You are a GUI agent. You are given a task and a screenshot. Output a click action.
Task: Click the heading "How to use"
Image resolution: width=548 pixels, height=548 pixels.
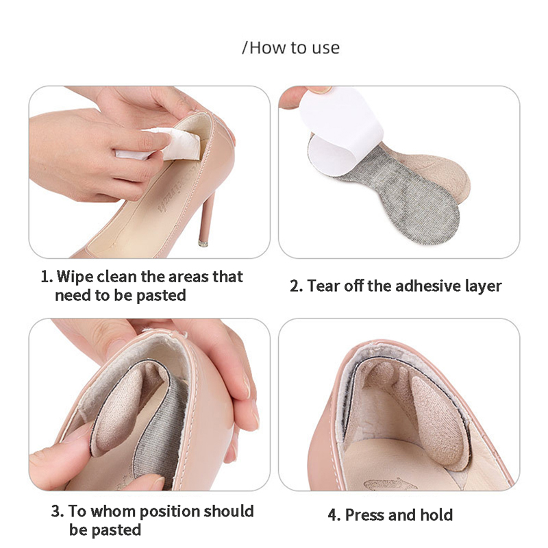tap(295, 47)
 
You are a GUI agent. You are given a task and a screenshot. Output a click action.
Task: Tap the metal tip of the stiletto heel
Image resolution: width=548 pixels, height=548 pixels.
tap(203, 243)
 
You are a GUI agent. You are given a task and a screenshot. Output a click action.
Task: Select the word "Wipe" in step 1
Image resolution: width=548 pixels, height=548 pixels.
tap(75, 277)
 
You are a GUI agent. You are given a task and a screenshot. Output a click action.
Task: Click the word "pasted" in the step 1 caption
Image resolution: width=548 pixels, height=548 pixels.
tap(161, 296)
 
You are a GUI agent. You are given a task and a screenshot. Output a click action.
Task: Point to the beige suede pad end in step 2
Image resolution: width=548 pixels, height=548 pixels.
tap(437, 171)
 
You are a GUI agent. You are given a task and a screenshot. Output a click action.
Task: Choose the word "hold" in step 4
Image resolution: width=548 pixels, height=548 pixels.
tap(436, 514)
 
